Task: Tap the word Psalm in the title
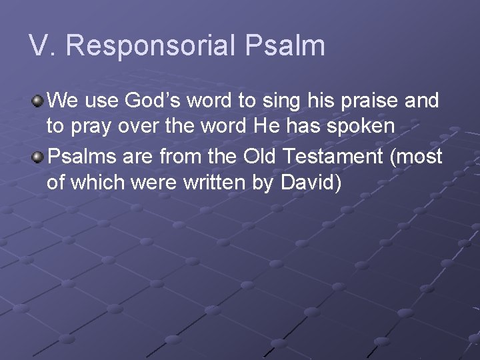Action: pyautogui.click(x=285, y=46)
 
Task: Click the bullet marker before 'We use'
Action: pyautogui.click(x=38, y=101)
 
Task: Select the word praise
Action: pyautogui.click(x=366, y=101)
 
